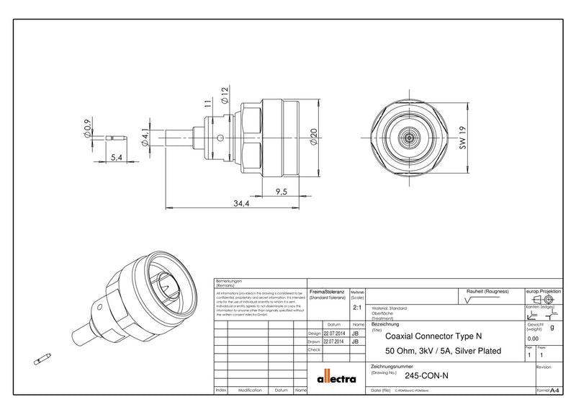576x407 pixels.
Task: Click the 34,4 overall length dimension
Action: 240,204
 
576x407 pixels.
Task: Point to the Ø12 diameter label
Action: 225,95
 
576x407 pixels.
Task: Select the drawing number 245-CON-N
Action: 426,375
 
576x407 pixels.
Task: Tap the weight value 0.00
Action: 533,338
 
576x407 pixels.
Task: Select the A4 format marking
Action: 554,390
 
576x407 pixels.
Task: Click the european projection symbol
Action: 545,298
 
